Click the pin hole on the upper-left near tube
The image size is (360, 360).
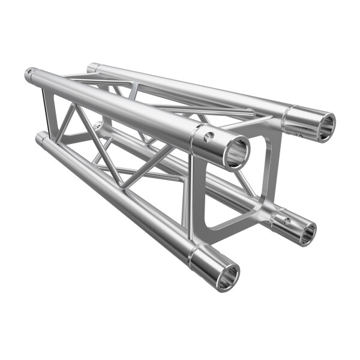[x=208, y=137]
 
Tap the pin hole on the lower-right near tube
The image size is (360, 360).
[x=286, y=221]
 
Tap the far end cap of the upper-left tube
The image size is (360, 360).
[x=29, y=75]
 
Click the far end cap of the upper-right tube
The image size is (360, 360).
[x=91, y=67]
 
